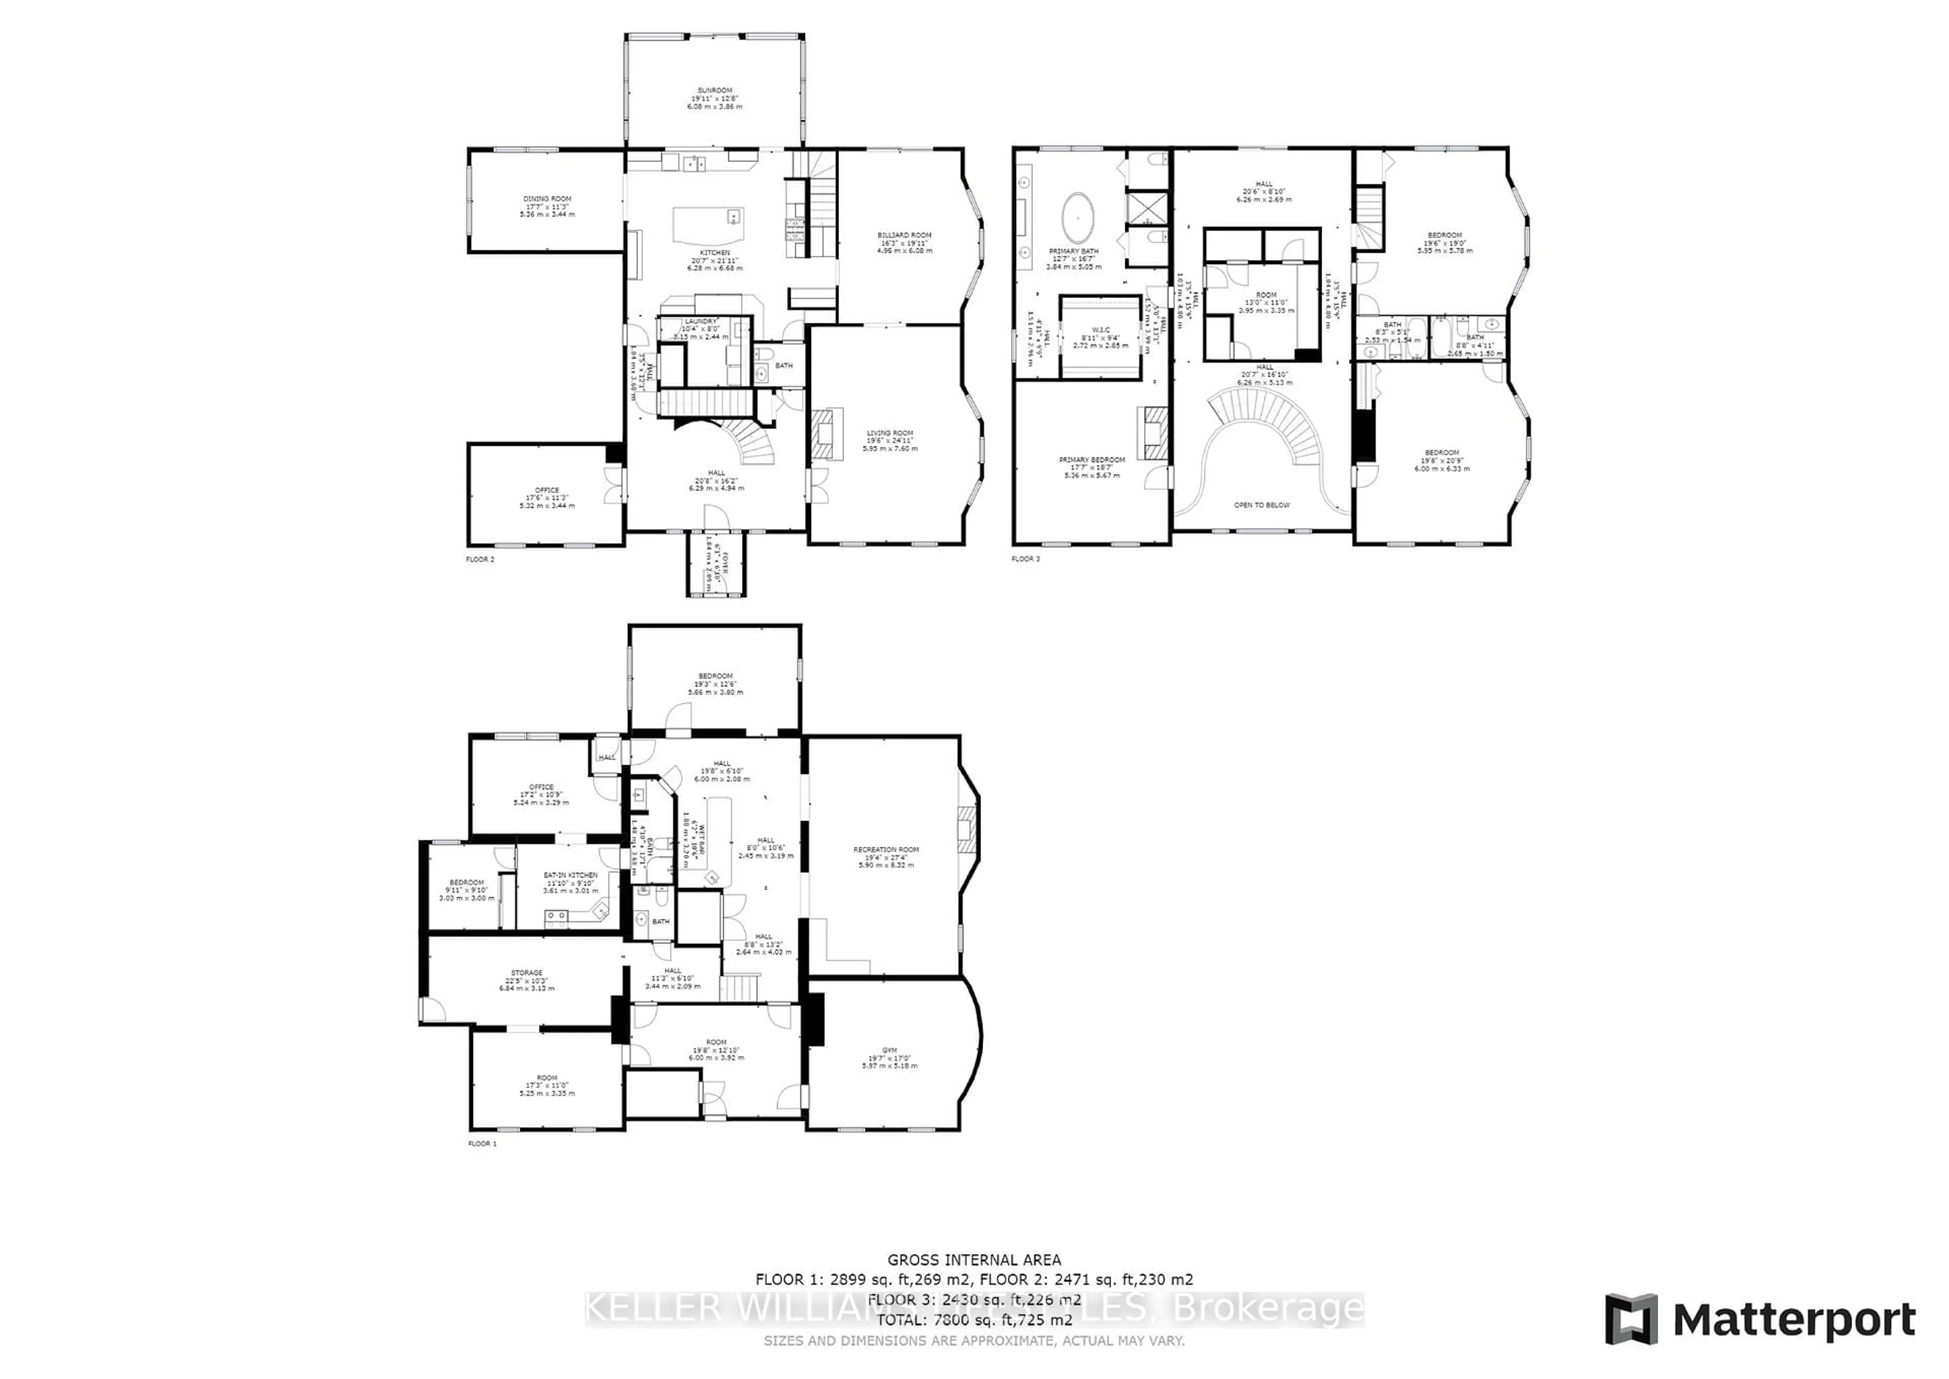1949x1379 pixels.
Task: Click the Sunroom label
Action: [x=715, y=90]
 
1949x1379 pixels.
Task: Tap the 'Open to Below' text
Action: [x=1261, y=505]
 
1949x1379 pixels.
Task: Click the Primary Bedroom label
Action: [x=1092, y=460]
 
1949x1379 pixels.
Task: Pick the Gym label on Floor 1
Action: [x=889, y=1050]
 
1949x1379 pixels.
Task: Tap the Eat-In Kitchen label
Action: [x=570, y=875]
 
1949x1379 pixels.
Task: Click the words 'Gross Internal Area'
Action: [x=973, y=1261]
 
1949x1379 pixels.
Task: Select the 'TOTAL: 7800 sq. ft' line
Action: [x=973, y=1321]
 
